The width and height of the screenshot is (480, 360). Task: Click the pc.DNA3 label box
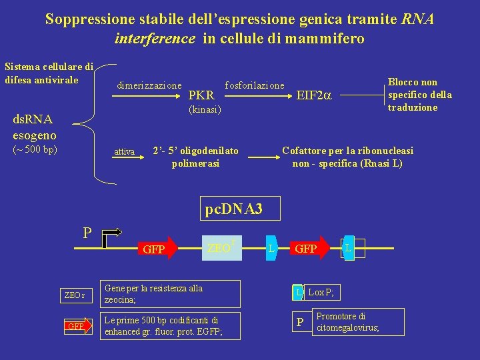233,209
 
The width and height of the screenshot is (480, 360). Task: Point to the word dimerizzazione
149,85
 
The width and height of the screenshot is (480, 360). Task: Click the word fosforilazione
255,85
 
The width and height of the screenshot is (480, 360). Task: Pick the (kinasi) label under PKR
205,109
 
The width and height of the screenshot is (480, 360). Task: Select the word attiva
124,152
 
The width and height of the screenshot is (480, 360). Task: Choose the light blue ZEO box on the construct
220,248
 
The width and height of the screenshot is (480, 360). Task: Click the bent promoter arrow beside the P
113,235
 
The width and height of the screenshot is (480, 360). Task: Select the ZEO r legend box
75,295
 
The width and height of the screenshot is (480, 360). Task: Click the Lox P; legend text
321,292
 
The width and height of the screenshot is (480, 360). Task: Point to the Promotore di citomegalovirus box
357,321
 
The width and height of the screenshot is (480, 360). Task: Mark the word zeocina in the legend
120,300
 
